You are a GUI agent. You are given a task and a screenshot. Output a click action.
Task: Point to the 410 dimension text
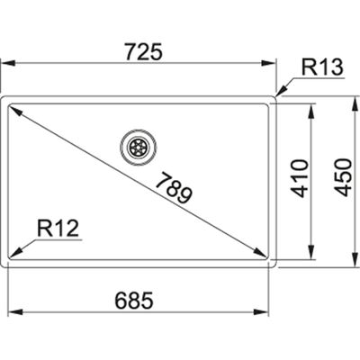[x=299, y=178]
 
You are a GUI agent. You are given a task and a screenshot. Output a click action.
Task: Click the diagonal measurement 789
[x=180, y=187]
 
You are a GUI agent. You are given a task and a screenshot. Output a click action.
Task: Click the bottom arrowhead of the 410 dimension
[x=311, y=254]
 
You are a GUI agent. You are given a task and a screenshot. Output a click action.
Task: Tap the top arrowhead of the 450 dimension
[x=348, y=96]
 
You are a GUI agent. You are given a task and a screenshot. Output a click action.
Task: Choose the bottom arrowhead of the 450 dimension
[x=348, y=265]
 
